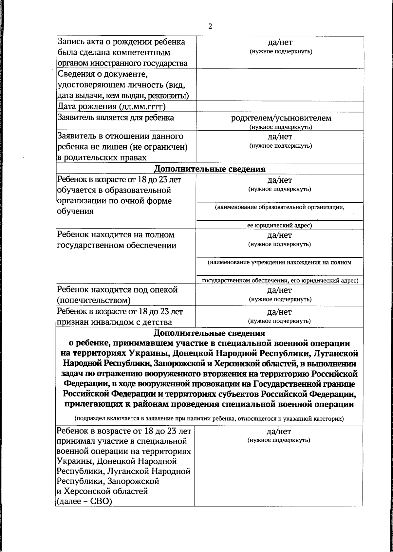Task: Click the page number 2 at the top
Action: tap(210, 27)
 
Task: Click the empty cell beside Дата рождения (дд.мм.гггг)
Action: tap(280, 107)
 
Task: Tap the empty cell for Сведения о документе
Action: tap(280, 85)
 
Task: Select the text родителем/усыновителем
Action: tap(281, 118)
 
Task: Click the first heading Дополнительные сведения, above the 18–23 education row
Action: tap(210, 169)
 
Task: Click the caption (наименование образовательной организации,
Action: tap(279, 207)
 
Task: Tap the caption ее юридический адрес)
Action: tap(279, 225)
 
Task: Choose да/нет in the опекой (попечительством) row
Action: tap(279, 290)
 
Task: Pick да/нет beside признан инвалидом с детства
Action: tap(279, 312)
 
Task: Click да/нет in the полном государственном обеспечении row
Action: tap(279, 235)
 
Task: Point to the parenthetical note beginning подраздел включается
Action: tap(209, 419)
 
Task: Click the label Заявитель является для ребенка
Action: tap(116, 118)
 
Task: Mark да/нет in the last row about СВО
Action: tap(279, 432)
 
